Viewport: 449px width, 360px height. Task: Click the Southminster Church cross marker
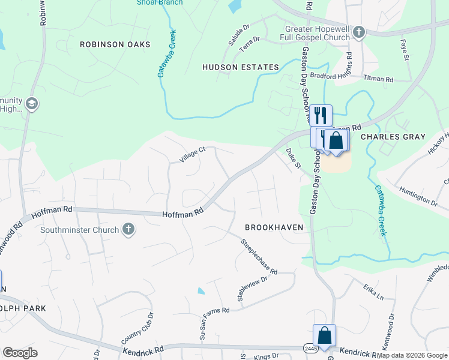click(128, 229)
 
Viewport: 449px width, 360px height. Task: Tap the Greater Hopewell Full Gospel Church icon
click(359, 32)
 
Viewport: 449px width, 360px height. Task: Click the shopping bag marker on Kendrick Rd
click(324, 336)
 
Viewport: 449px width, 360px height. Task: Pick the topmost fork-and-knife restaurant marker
click(321, 114)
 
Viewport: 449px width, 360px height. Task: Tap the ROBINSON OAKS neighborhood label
click(110, 44)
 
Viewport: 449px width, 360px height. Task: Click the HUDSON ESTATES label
click(241, 67)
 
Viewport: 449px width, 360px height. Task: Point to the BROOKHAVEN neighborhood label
click(274, 227)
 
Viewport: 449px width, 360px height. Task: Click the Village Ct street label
click(192, 155)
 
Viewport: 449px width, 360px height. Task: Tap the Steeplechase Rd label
click(259, 257)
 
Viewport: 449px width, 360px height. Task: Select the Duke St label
click(292, 159)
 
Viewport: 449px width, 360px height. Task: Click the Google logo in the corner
click(20, 352)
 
